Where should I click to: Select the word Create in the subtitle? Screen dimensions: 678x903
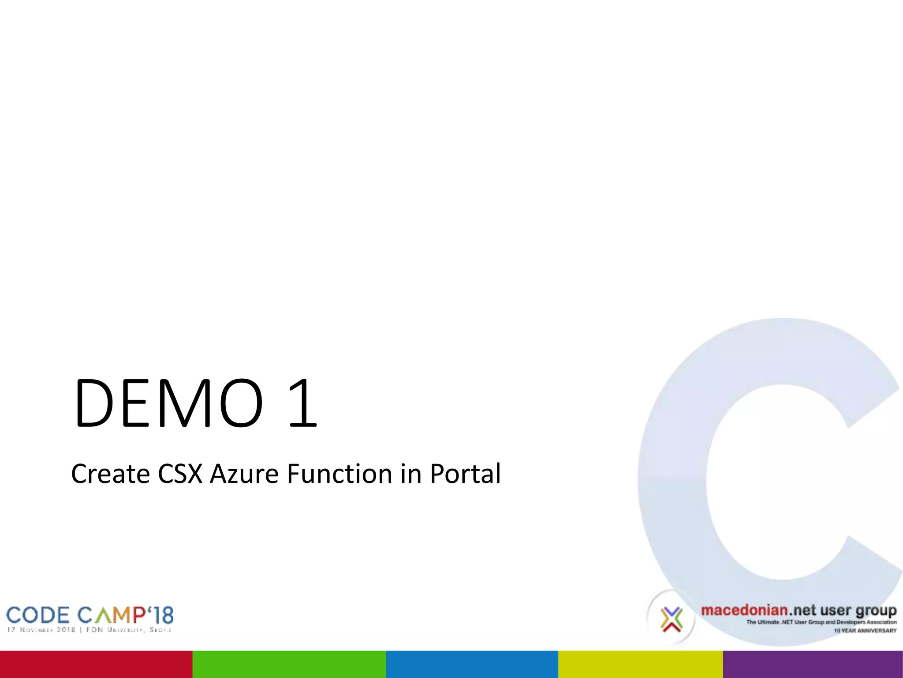pyautogui.click(x=110, y=474)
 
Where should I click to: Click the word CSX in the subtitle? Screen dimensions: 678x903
pyautogui.click(x=180, y=474)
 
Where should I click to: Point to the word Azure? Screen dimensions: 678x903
pyautogui.click(x=244, y=474)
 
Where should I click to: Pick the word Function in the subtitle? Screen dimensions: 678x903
pyautogui.click(x=340, y=474)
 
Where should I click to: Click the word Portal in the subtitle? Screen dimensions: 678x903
pyautogui.click(x=465, y=474)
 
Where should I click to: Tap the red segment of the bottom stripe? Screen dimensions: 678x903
pyautogui.click(x=96, y=664)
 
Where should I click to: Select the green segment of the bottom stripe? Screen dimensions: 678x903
pyautogui.click(x=289, y=664)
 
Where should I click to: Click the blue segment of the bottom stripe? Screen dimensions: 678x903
pyautogui.click(x=472, y=664)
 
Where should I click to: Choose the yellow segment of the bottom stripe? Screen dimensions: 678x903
pyautogui.click(x=640, y=664)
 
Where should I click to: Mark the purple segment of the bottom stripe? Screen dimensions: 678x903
pyautogui.click(x=813, y=664)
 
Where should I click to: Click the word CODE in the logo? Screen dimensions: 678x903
pyautogui.click(x=38, y=616)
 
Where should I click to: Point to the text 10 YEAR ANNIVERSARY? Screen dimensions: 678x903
pyautogui.click(x=865, y=631)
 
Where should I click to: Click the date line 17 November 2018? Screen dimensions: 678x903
pyautogui.click(x=41, y=630)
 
